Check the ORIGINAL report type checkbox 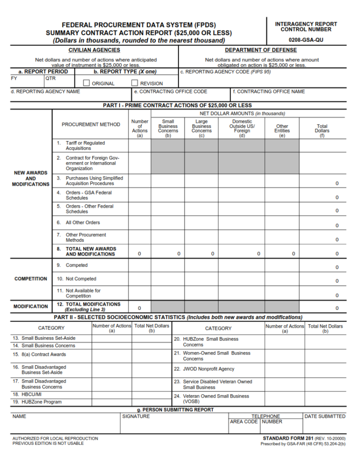[86, 83]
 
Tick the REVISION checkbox [135, 83]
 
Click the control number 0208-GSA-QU [306, 40]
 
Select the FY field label [14, 78]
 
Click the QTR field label [51, 78]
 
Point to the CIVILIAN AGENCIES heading [94, 50]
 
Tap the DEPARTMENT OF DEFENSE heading [261, 50]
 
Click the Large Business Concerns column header [201, 126]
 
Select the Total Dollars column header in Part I [322, 128]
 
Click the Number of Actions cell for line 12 [139, 308]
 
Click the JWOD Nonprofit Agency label [208, 369]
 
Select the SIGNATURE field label [136, 416]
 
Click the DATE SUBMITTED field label [325, 416]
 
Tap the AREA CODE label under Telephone [243, 421]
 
